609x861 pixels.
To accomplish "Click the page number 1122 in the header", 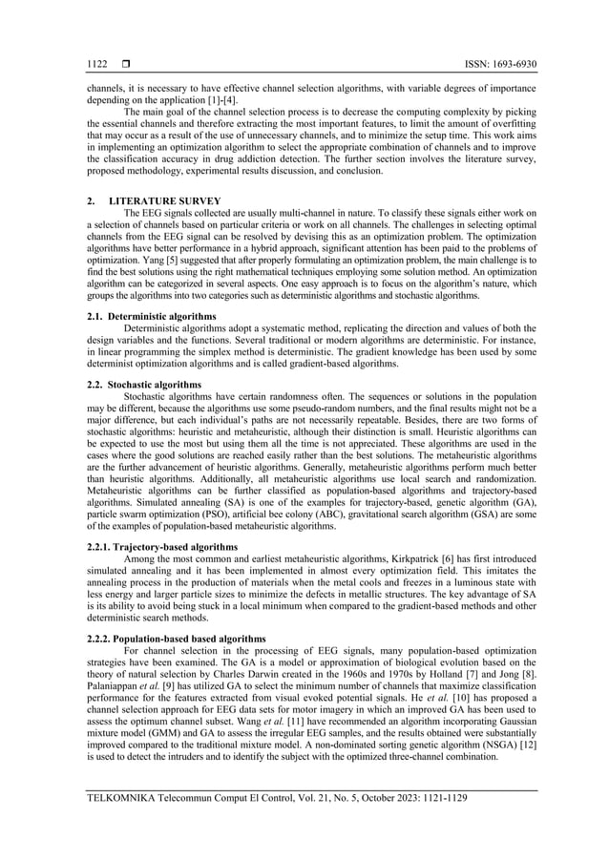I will tap(96, 65).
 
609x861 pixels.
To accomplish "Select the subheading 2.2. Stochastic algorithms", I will tap(143, 382).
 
